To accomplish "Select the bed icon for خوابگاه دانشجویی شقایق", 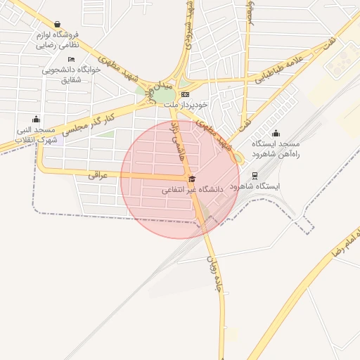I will click(70, 60).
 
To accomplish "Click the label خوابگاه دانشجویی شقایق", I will click(70, 75).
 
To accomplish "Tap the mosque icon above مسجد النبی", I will click(36, 119).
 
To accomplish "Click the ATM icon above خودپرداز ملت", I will click(186, 94).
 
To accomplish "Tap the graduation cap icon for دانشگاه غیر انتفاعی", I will click(192, 179).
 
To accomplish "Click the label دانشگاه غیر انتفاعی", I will click(192, 190).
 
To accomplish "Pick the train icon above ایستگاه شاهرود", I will click(255, 176).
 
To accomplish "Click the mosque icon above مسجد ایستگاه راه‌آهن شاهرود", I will click(276, 133).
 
